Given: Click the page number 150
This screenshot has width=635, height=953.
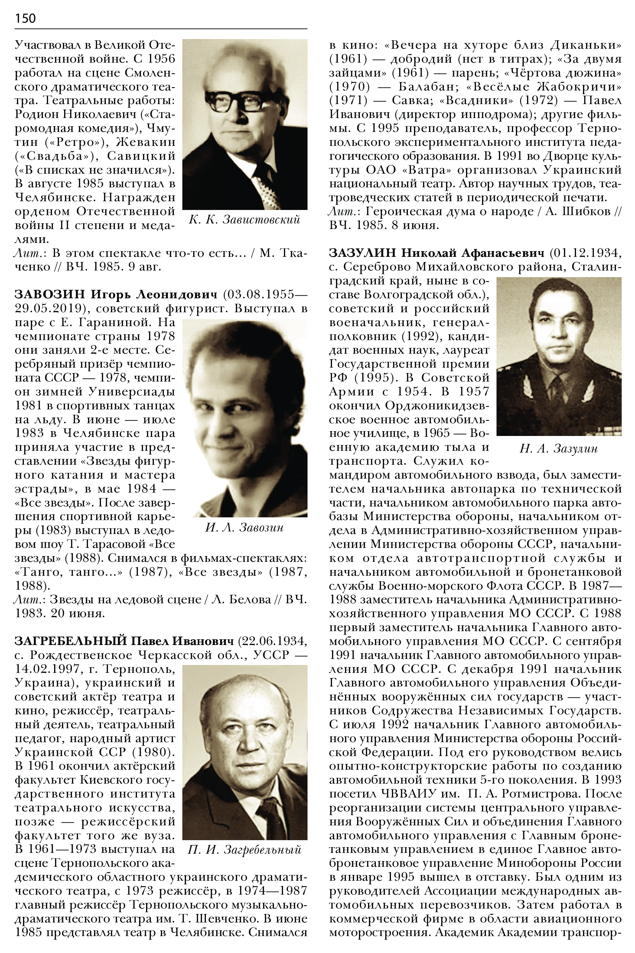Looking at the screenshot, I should pos(25,18).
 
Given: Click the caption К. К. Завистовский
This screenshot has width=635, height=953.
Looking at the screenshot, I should pos(244,220).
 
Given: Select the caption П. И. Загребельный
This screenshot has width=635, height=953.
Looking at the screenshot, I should pos(245,849).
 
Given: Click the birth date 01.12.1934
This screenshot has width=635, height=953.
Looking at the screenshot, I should pos(585,253).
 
